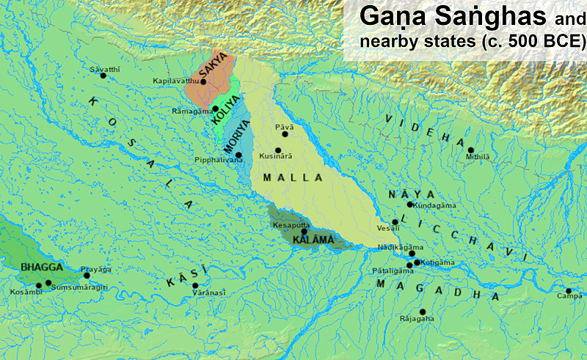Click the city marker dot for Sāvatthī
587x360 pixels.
(x=103, y=76)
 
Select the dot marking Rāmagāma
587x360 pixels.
(x=215, y=109)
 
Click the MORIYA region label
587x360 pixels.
(x=235, y=136)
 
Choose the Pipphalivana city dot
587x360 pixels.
(x=238, y=155)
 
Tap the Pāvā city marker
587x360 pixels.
(x=286, y=134)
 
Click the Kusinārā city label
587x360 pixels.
(x=277, y=156)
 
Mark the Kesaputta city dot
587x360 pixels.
(x=304, y=232)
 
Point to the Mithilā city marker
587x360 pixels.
(x=470, y=150)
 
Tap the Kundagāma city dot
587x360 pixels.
(x=410, y=205)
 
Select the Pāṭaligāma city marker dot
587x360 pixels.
(x=409, y=265)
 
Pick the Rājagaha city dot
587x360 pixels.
(x=423, y=312)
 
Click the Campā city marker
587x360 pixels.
(x=568, y=290)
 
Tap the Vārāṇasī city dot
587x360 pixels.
(x=195, y=286)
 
